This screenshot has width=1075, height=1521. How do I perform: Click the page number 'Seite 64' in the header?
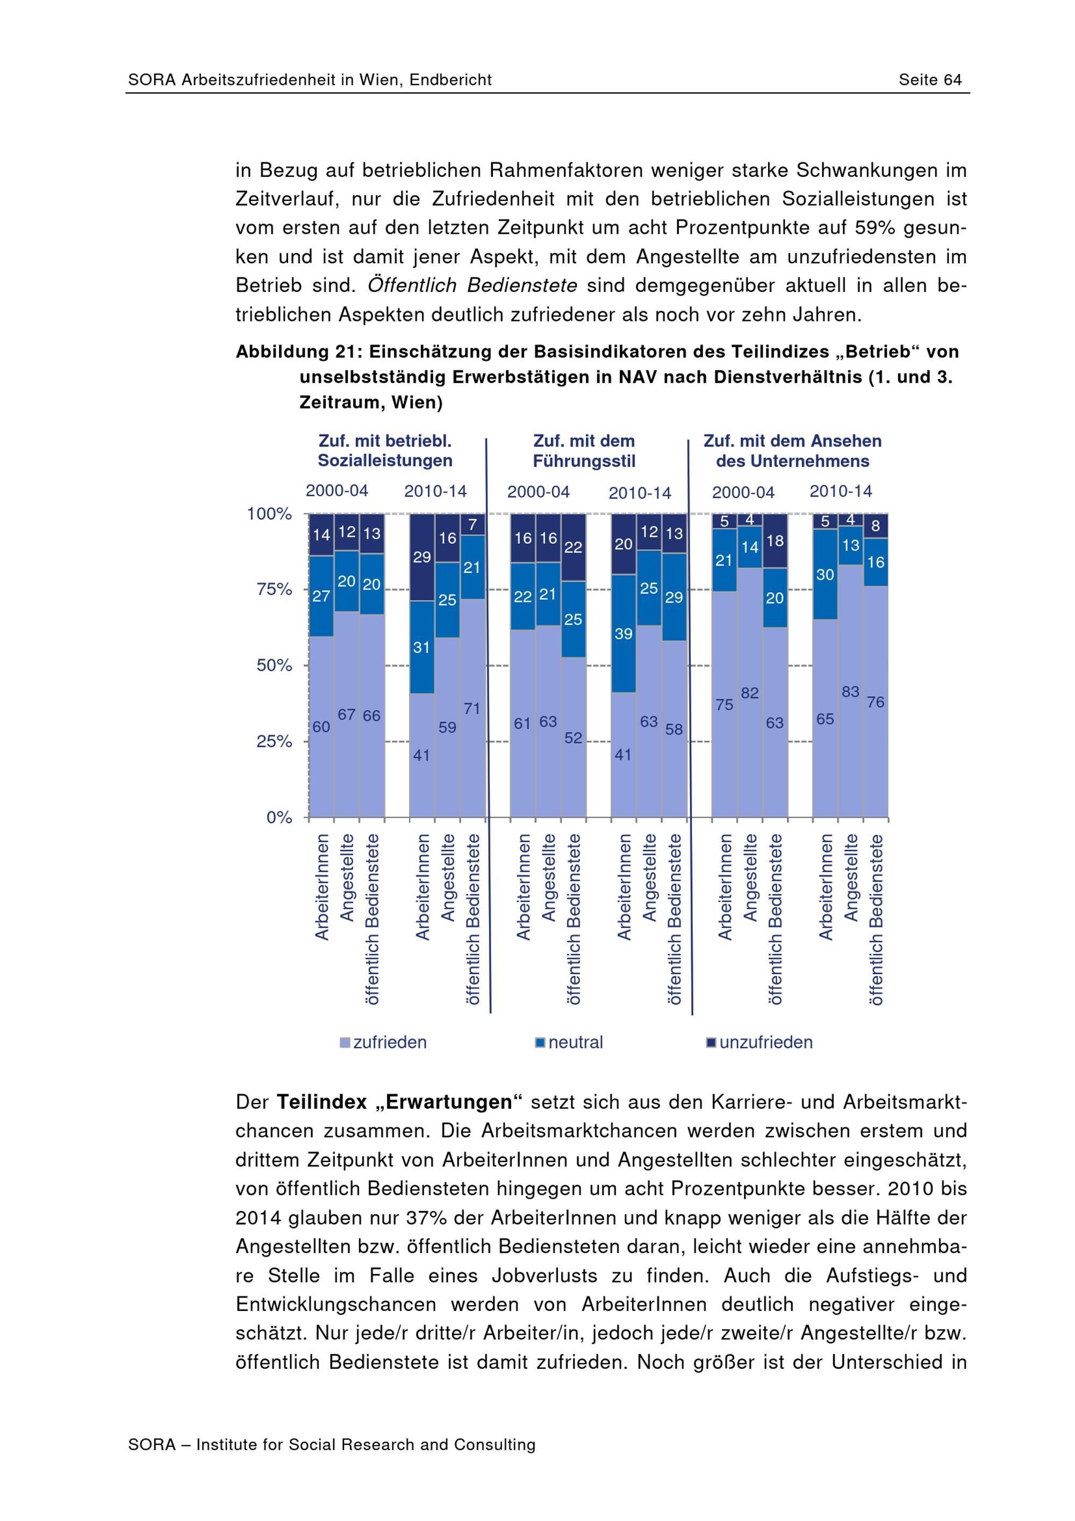pos(929,80)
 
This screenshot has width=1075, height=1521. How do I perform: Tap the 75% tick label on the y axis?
pos(274,590)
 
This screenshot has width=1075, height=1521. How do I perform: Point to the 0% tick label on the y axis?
pos(279,817)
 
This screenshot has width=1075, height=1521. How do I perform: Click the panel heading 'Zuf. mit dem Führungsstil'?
pos(584,451)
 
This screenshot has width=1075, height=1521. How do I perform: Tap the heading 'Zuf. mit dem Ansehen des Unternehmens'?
pos(792,451)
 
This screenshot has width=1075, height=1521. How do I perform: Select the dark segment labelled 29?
pos(422,557)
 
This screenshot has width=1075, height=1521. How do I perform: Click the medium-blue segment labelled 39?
pos(623,633)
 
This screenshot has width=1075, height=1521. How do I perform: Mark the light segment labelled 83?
pos(850,691)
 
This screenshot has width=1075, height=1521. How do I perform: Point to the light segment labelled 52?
pos(574,737)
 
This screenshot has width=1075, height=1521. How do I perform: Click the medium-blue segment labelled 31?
pos(422,647)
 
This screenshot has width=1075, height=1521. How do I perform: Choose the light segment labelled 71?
pos(472,708)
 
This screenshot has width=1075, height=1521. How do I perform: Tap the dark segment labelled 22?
pos(574,547)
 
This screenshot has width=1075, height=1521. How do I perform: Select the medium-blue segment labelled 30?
pos(825,575)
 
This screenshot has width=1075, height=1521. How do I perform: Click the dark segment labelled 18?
pos(775,541)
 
